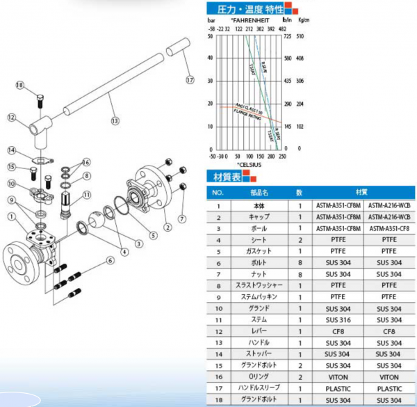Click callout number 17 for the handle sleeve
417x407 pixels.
pyautogui.click(x=190, y=80)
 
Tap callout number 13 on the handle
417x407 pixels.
pyautogui.click(x=115, y=120)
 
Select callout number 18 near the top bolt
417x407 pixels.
pyautogui.click(x=19, y=85)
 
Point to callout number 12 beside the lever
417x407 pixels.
pyautogui.click(x=11, y=118)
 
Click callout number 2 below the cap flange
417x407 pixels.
pyautogui.click(x=167, y=227)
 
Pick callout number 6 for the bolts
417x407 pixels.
pyautogui.click(x=110, y=260)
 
